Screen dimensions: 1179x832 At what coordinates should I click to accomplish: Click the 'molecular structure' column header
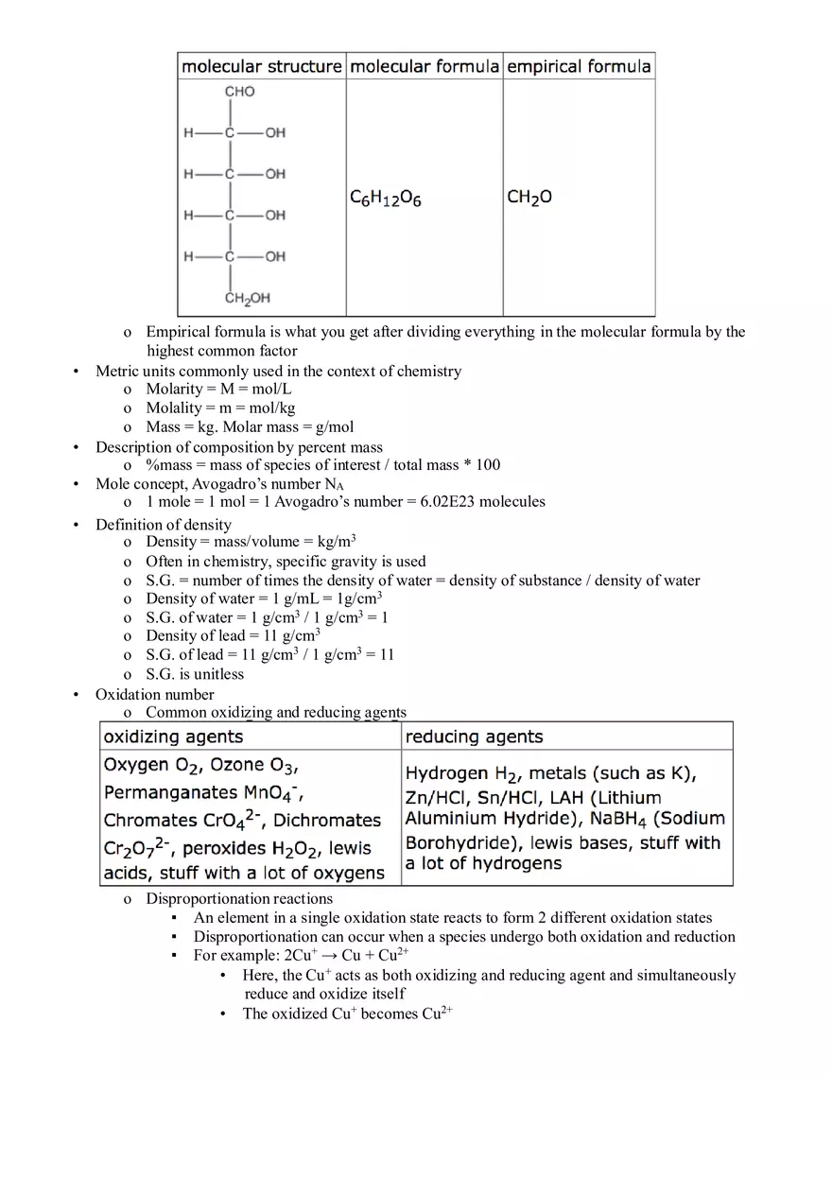pos(261,66)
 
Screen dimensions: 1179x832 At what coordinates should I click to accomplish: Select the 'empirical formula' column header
pos(579,66)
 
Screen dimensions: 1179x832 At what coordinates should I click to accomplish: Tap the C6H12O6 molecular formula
pos(386,199)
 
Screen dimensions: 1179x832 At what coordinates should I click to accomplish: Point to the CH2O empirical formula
pos(529,198)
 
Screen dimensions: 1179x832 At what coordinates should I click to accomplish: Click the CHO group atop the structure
pos(239,92)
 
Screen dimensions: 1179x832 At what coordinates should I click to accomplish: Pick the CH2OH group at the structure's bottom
pos(247,299)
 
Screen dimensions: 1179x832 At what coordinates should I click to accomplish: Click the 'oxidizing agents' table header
pos(173,737)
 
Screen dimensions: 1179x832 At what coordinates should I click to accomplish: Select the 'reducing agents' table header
pos(474,737)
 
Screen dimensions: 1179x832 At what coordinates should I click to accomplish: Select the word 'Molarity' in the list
pos(174,390)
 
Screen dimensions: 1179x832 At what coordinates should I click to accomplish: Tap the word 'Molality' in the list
pos(174,408)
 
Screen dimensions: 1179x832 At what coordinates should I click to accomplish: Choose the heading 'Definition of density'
pos(163,525)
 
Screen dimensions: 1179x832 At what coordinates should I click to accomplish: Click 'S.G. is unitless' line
pos(194,674)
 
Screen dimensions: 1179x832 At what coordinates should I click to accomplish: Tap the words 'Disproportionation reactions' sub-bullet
pos(238,899)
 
